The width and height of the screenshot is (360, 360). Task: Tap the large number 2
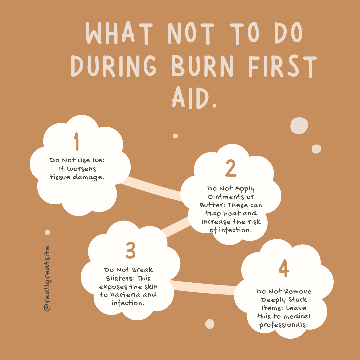pyautogui.click(x=231, y=168)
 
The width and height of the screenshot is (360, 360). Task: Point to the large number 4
pyautogui.click(x=283, y=270)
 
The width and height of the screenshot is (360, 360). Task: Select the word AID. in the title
pyautogui.click(x=194, y=97)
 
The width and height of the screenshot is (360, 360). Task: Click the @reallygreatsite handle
pyautogui.click(x=47, y=279)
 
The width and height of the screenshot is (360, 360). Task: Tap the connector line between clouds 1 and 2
pyautogui.click(x=152, y=188)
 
